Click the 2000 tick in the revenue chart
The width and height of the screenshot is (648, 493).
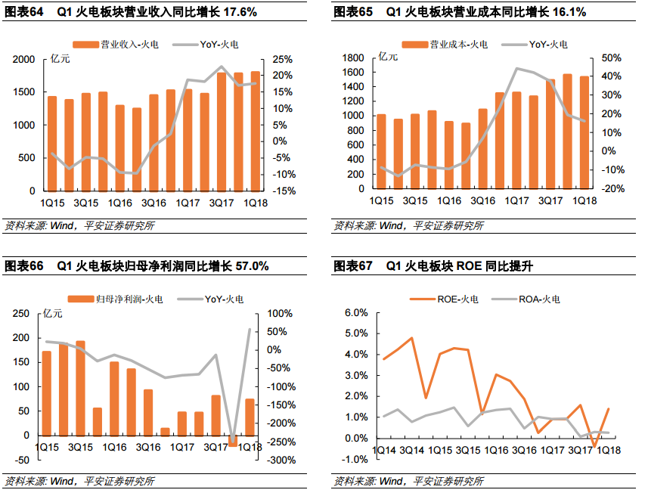point(24,60)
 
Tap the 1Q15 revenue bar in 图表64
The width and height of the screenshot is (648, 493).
point(52,144)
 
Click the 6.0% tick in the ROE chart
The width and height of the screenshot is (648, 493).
point(355,313)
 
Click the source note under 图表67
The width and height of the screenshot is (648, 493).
point(408,481)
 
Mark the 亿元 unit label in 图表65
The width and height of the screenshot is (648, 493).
point(388,56)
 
